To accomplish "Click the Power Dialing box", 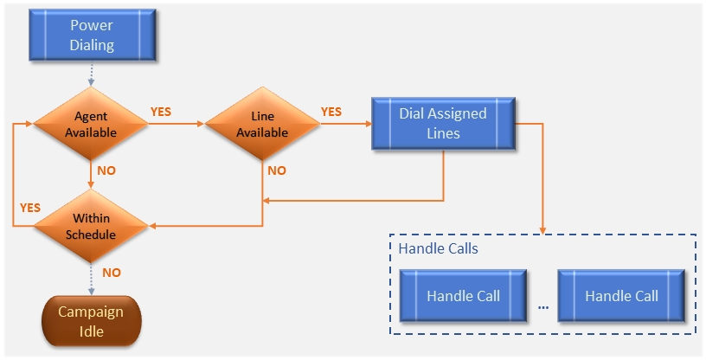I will (x=92, y=35).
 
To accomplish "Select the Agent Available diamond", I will (x=91, y=125).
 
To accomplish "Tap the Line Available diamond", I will (x=262, y=125).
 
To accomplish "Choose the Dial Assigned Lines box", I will (x=443, y=124).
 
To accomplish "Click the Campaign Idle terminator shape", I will (x=91, y=320).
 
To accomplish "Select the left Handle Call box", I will (x=463, y=296).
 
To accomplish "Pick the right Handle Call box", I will (x=621, y=296).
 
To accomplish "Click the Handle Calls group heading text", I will (x=438, y=248).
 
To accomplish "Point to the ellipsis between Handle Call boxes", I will (x=543, y=305).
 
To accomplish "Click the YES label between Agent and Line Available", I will (x=161, y=112).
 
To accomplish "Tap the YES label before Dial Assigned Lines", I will (x=331, y=112).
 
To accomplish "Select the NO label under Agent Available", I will (x=106, y=171).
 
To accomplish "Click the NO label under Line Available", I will (x=277, y=171).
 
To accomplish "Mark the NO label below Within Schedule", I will (x=112, y=273).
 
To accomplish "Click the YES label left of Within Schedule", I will (x=30, y=209).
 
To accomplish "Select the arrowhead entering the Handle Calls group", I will (x=542, y=231).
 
